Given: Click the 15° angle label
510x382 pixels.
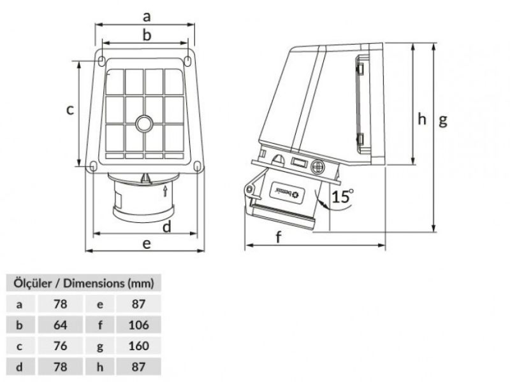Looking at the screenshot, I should point(342,195).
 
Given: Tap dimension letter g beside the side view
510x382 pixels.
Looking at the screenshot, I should point(442,120).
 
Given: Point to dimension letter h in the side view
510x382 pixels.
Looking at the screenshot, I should point(422,118).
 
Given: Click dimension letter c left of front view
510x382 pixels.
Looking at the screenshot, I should point(71,109).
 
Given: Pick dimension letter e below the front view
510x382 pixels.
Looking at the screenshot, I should point(146,243).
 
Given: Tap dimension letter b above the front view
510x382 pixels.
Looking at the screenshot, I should point(146,36).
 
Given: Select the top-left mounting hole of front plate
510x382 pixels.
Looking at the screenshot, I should point(103,60).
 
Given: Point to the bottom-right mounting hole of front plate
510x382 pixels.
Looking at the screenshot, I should point(197,166).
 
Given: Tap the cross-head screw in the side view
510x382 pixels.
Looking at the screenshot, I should point(318,166).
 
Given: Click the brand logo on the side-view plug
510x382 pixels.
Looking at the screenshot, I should point(291,190).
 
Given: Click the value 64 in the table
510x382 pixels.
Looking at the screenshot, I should point(61,325).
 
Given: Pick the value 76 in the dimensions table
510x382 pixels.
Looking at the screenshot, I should point(61,346).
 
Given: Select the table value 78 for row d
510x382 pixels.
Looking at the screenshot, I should point(61,367).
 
